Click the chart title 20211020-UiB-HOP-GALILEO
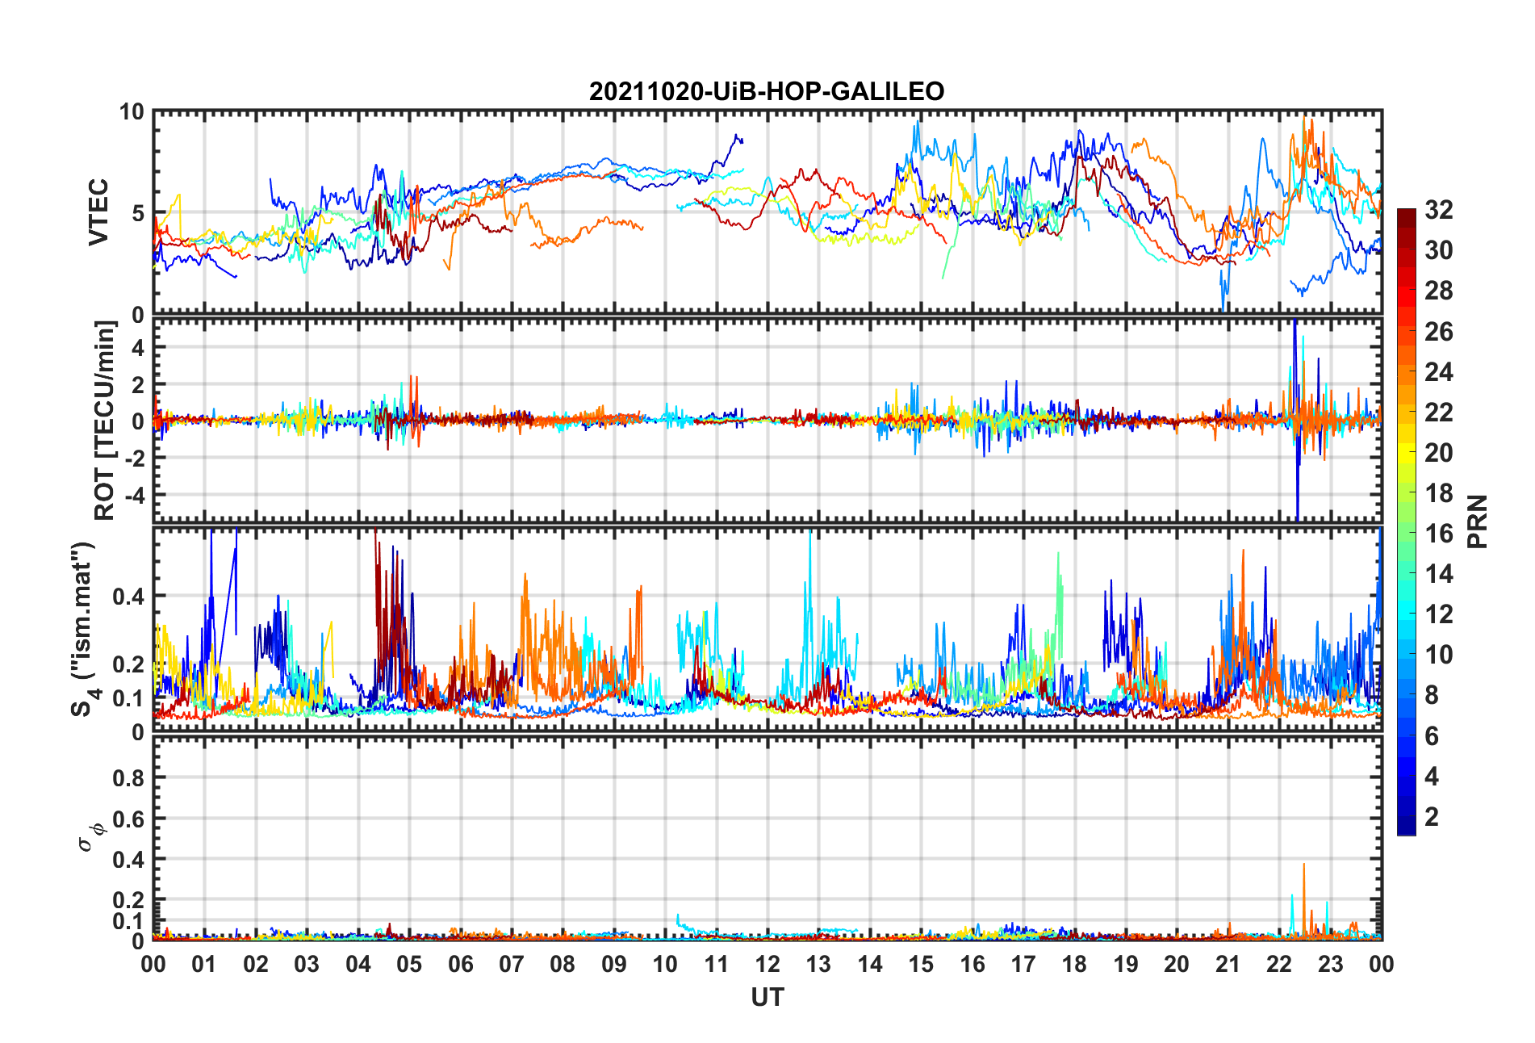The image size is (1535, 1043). pyautogui.click(x=766, y=91)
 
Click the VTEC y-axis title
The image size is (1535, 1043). pyautogui.click(x=98, y=212)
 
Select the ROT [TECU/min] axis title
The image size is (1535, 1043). pyautogui.click(x=105, y=420)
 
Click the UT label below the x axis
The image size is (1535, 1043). pyautogui.click(x=767, y=998)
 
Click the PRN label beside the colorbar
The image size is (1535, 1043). pyautogui.click(x=1477, y=521)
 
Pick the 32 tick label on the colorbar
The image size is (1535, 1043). pyautogui.click(x=1438, y=210)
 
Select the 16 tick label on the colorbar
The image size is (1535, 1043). pyautogui.click(x=1438, y=534)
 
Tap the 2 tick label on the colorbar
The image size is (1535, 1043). pyautogui.click(x=1432, y=817)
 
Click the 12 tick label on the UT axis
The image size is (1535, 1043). pyautogui.click(x=767, y=964)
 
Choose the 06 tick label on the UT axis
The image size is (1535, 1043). pyautogui.click(x=460, y=964)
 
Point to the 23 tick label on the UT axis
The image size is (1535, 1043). pyautogui.click(x=1330, y=964)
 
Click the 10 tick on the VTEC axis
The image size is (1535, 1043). pyautogui.click(x=132, y=112)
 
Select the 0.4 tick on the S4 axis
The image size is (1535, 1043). pyautogui.click(x=128, y=597)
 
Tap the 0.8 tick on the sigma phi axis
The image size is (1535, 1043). pyautogui.click(x=128, y=778)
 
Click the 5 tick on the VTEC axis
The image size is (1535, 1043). pyautogui.click(x=137, y=213)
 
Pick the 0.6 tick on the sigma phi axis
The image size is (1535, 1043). pyautogui.click(x=128, y=819)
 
